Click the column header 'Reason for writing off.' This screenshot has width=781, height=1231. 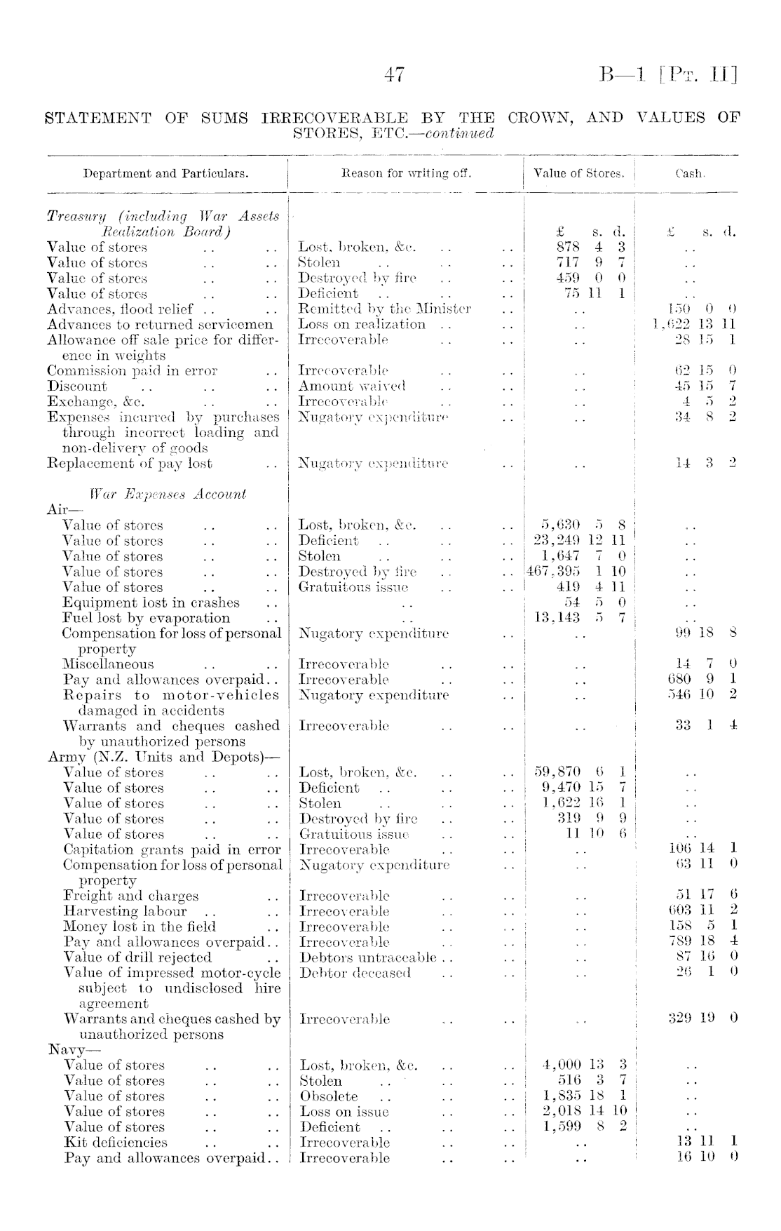(406, 173)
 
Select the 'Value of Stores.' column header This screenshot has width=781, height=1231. (579, 173)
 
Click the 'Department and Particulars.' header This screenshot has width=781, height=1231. (165, 173)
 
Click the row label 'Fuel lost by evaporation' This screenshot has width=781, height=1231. (146, 618)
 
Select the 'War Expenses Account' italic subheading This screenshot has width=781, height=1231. (168, 494)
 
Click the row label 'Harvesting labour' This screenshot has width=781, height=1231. (125, 911)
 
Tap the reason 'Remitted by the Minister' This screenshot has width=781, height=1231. (385, 309)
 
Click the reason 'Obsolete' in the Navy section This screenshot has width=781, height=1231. (329, 1096)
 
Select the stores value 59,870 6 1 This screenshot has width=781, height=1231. (580, 772)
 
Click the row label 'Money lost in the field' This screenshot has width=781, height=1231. (140, 927)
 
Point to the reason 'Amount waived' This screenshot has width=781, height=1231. (353, 386)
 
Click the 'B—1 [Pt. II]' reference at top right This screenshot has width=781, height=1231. (668, 75)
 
